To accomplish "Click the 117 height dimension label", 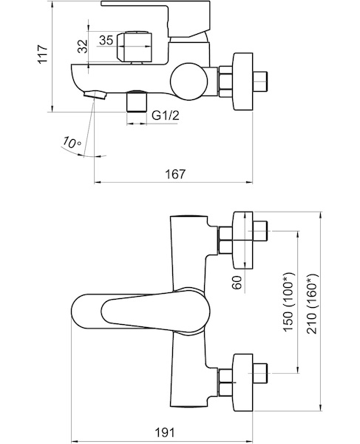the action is (x=44, y=54).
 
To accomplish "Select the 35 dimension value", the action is (x=106, y=40).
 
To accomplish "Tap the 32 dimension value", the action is (x=83, y=46).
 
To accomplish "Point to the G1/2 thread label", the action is (x=166, y=115).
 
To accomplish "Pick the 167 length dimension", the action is (x=176, y=174).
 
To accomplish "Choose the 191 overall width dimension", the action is (x=165, y=432).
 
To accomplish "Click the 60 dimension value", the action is (x=238, y=283).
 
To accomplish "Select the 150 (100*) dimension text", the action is (x=289, y=302).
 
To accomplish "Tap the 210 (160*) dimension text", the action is (x=313, y=304).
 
